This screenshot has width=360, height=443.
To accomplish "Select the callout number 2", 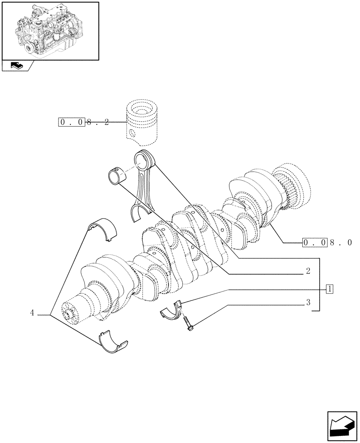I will coord(308,271).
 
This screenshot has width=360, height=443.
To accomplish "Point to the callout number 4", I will coord(32,313).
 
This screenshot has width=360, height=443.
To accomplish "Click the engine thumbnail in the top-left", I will coord(50,30).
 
